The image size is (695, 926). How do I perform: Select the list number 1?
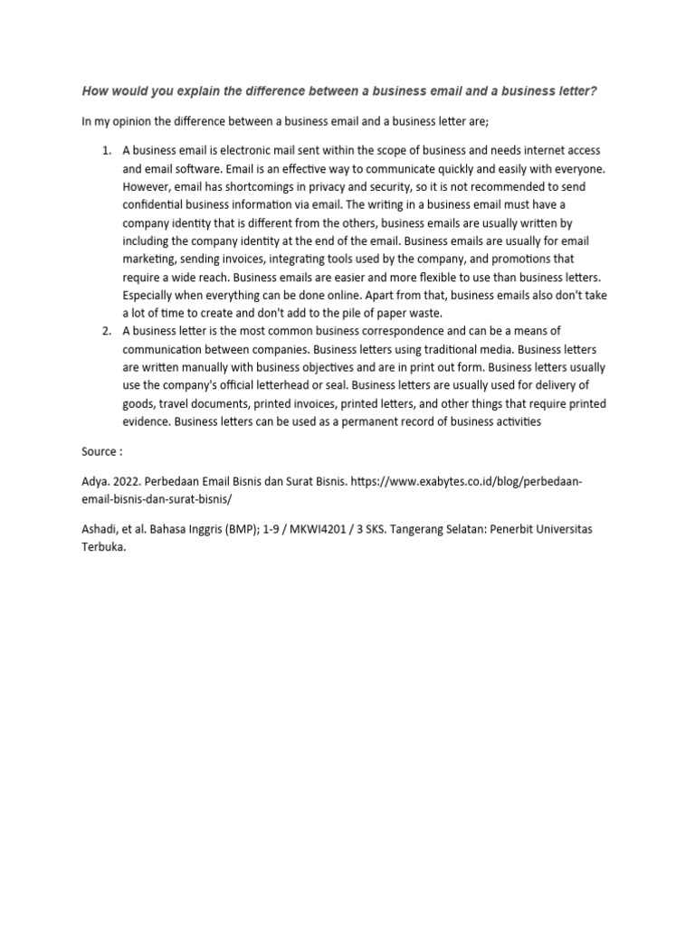[x=105, y=149]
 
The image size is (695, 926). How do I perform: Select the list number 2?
[x=105, y=331]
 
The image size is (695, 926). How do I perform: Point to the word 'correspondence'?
[x=399, y=331]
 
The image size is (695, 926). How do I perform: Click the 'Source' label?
[x=97, y=450]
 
